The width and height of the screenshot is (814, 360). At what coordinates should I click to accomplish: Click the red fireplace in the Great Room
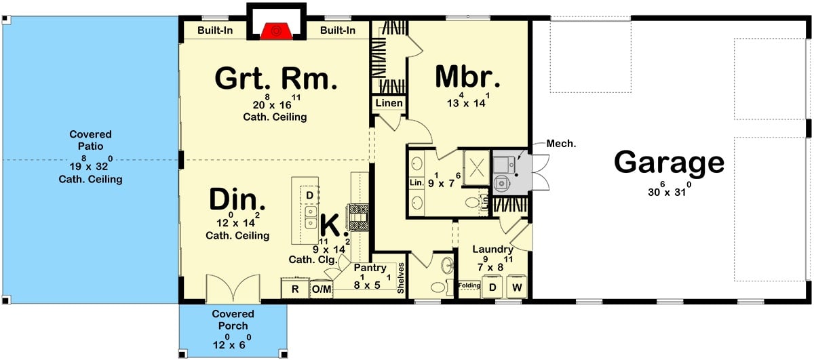(x=275, y=31)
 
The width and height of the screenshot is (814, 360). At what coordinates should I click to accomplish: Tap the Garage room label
(x=669, y=163)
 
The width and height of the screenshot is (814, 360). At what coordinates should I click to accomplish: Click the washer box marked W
(x=516, y=287)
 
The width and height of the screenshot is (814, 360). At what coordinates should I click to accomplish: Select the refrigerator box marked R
(x=295, y=289)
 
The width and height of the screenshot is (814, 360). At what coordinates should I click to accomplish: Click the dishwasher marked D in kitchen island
(x=309, y=196)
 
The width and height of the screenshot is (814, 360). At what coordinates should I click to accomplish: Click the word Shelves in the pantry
(x=401, y=279)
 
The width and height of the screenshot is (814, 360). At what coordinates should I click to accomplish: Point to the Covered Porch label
(x=233, y=320)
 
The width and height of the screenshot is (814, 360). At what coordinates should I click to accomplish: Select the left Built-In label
(x=216, y=31)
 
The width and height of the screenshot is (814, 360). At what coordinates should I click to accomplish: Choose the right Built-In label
(x=338, y=31)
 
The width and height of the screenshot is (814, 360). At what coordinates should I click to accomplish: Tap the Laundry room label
(x=493, y=249)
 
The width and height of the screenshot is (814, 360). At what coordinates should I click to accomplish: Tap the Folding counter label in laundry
(x=469, y=285)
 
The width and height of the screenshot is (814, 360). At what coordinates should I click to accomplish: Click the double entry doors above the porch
(x=233, y=289)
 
